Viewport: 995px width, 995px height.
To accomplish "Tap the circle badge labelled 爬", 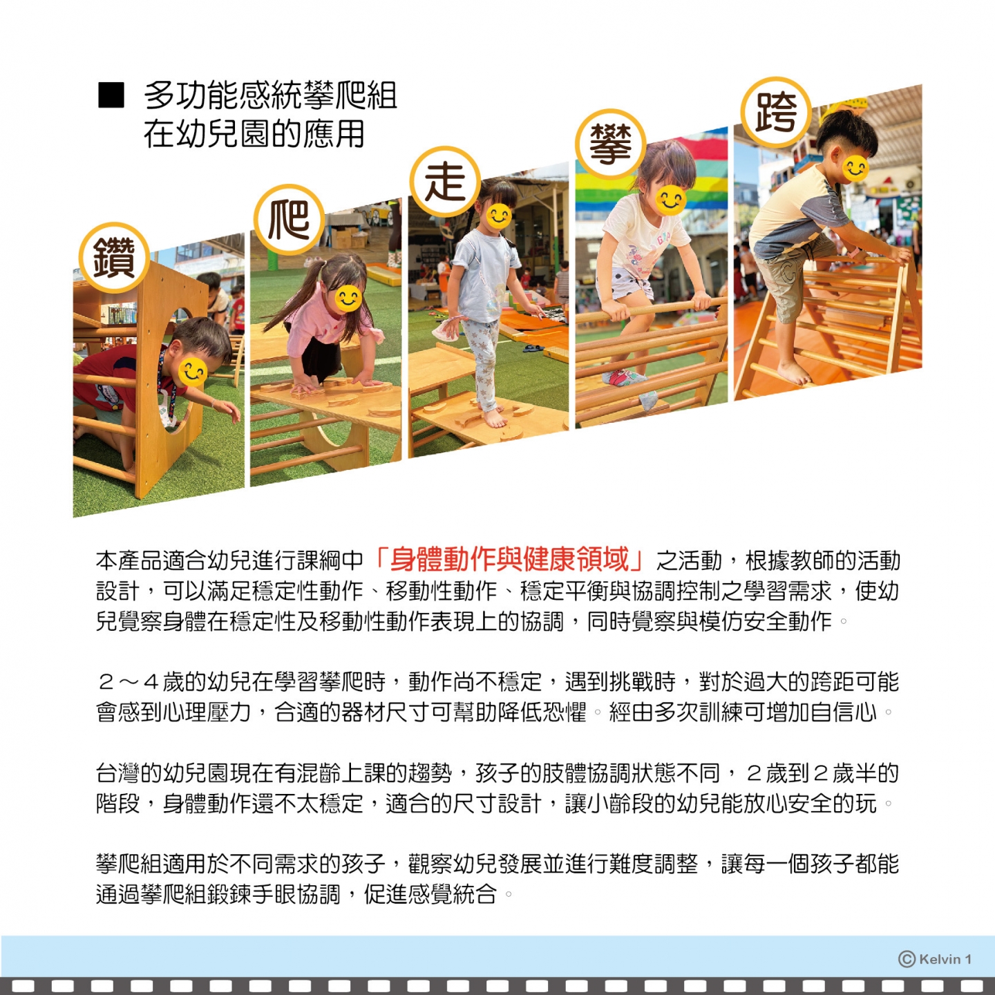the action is (x=289, y=220).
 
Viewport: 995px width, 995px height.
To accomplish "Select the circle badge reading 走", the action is (x=445, y=181).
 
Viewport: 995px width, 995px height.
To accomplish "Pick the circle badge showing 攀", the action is (x=611, y=144).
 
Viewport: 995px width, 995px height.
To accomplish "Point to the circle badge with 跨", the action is (x=776, y=112).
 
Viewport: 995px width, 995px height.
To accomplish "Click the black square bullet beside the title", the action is (x=111, y=95).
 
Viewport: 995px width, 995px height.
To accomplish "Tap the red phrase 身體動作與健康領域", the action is (x=509, y=560).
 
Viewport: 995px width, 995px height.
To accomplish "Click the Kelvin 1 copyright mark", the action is (x=935, y=959).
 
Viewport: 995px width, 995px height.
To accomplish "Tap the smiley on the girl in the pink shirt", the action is (x=348, y=298).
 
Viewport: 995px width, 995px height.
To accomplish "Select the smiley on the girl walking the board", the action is (x=499, y=216).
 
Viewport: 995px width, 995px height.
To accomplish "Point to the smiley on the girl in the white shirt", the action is (x=671, y=200).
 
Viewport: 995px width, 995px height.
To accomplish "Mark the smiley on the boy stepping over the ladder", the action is (x=855, y=168).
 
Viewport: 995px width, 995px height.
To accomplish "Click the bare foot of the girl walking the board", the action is (x=495, y=417).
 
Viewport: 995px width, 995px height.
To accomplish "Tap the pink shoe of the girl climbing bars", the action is (x=622, y=377).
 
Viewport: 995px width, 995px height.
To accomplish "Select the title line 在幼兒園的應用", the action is (x=254, y=134).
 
